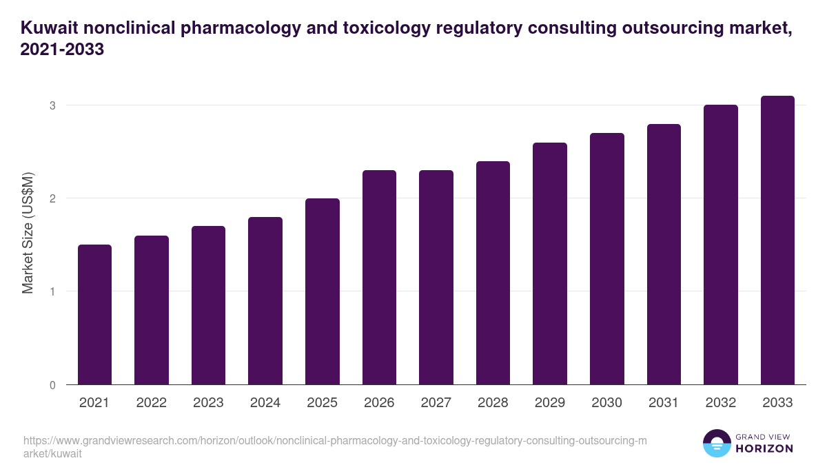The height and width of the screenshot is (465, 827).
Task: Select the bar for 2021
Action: pyautogui.click(x=94, y=314)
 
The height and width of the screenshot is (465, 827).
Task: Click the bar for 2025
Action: pyautogui.click(x=323, y=291)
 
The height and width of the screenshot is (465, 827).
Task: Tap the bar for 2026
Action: pyautogui.click(x=379, y=277)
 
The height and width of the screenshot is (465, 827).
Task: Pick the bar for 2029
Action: pyautogui.click(x=550, y=263)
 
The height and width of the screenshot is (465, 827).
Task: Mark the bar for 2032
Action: pyautogui.click(x=721, y=245)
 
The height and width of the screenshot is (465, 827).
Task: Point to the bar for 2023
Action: pyautogui.click(x=208, y=305)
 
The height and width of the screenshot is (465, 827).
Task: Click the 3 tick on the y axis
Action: pyautogui.click(x=52, y=105)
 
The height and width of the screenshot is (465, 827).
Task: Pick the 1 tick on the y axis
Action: pyautogui.click(x=52, y=291)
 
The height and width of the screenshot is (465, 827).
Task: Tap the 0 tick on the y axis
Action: pyautogui.click(x=52, y=385)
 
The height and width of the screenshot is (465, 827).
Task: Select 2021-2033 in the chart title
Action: pyautogui.click(x=62, y=50)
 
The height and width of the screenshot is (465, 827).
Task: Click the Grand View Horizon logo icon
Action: pyautogui.click(x=716, y=444)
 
